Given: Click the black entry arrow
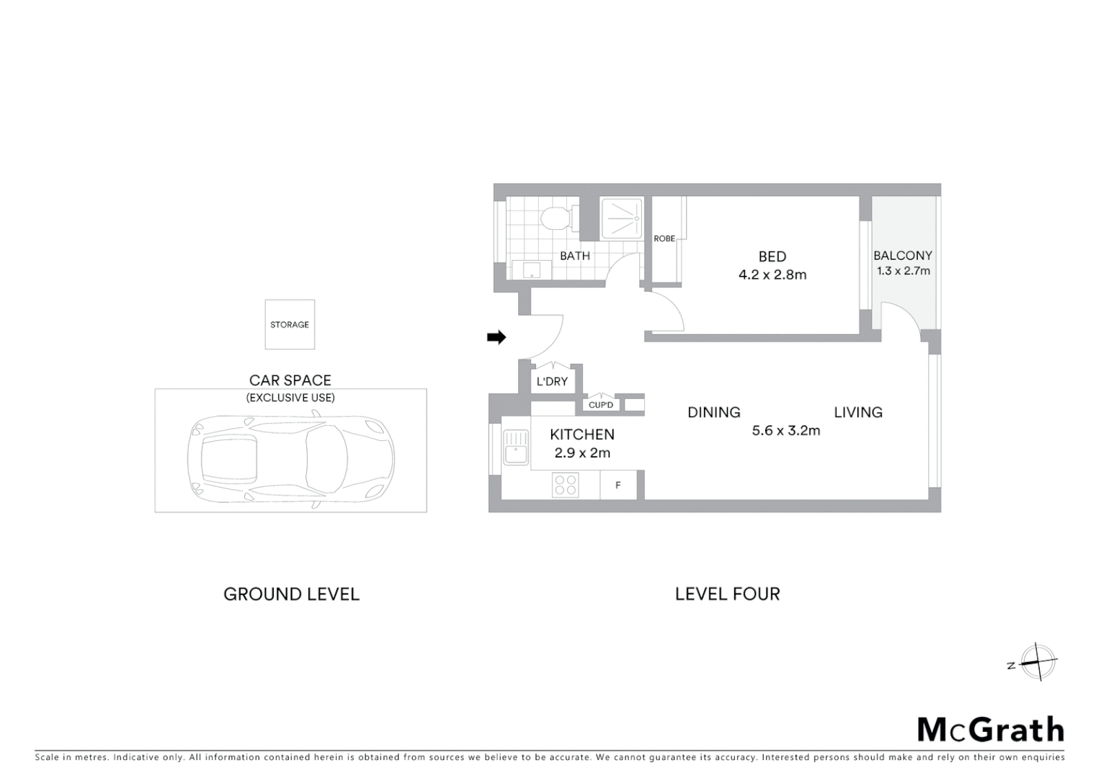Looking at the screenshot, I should pos(496,337).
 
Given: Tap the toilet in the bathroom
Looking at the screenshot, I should pos(556,217).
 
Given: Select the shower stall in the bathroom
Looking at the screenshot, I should pos(620,218).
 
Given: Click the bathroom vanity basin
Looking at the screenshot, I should pos(532,270).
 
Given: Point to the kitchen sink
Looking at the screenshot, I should pos(515,447).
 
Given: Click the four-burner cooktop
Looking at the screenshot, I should pos(565,484).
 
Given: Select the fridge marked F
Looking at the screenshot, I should pos(618,486).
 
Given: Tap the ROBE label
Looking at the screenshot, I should pos(664,238).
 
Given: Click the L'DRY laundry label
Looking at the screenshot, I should pos(552,382).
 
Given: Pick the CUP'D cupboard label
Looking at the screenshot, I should pos(601,405).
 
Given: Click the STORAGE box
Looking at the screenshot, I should pos(290,325).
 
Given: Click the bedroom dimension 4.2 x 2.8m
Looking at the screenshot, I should pos(772,274).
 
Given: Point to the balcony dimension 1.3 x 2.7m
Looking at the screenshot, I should pos(903,271).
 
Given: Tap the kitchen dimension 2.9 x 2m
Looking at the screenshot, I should pos(582,453).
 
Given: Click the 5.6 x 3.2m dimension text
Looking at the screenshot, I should pos(786,431).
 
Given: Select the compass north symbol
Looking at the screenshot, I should pos(1037,661).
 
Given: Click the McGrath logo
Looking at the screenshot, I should pos(991,729).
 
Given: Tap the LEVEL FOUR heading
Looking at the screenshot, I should pos(727,594).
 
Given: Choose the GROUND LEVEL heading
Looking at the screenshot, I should pos(291,594).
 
